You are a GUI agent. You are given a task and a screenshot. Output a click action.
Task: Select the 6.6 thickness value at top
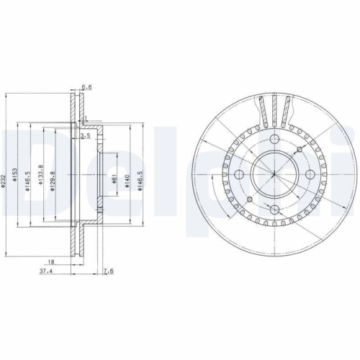[x=86, y=87]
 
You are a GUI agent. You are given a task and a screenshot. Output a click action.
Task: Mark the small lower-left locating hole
[x=249, y=199]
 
